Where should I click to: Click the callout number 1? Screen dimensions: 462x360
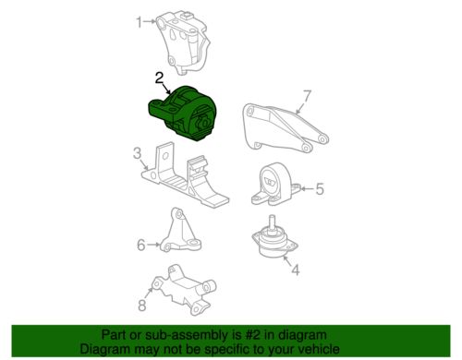pyautogui.click(x=140, y=22)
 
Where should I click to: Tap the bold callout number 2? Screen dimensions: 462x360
pyautogui.click(x=159, y=78)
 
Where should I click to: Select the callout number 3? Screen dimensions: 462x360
pyautogui.click(x=137, y=153)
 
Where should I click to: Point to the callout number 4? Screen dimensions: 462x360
pyautogui.click(x=296, y=270)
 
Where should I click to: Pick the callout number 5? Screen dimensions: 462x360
pyautogui.click(x=320, y=188)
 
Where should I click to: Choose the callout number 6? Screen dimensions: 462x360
pyautogui.click(x=140, y=246)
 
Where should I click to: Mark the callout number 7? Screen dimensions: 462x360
pyautogui.click(x=308, y=96)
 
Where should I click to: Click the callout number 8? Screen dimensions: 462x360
pyautogui.click(x=141, y=306)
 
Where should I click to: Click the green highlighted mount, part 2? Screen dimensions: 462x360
pyautogui.click(x=184, y=114)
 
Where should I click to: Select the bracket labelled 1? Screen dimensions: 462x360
pyautogui.click(x=184, y=43)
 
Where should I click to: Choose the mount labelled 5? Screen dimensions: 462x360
pyautogui.click(x=274, y=185)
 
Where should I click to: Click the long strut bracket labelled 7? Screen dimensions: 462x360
pyautogui.click(x=285, y=127)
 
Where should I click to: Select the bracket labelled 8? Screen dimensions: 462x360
pyautogui.click(x=185, y=289)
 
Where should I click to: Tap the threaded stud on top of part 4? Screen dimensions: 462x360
pyautogui.click(x=273, y=222)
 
